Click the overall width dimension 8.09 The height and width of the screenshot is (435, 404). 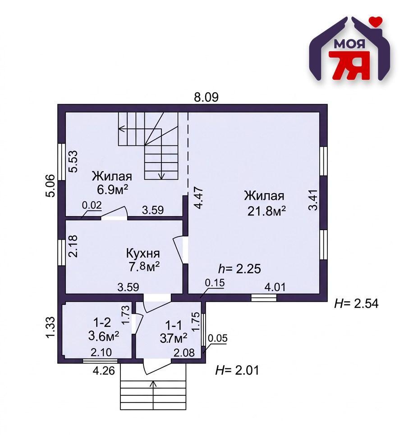(x=206, y=97)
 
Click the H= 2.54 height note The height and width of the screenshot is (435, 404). (x=356, y=304)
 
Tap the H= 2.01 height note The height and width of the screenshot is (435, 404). (x=238, y=371)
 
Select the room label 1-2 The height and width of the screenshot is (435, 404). (x=101, y=322)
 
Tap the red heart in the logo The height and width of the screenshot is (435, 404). (x=375, y=20)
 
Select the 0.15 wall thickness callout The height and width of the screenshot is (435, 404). (x=215, y=283)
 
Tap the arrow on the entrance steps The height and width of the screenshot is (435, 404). (x=153, y=384)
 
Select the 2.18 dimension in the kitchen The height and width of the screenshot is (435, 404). (x=73, y=246)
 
